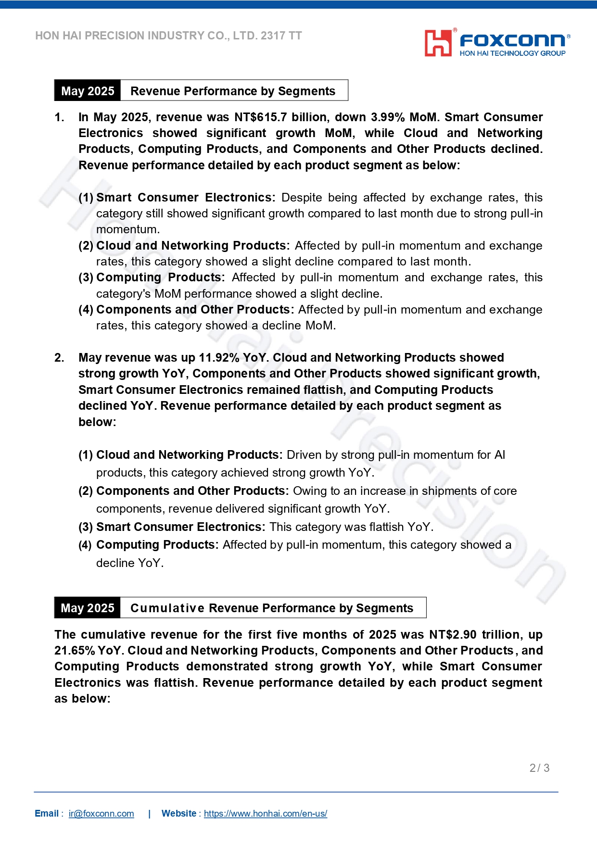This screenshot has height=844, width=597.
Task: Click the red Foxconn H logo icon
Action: pos(438,43)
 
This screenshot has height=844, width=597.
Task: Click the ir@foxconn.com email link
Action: pos(101,813)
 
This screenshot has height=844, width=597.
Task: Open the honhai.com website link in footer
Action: pos(265,813)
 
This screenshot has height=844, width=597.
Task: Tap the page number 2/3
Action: pos(539,768)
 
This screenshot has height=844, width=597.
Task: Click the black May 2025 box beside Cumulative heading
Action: pos(88,608)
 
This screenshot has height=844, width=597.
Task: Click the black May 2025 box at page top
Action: pos(88,91)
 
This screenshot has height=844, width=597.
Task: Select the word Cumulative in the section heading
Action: pos(167,608)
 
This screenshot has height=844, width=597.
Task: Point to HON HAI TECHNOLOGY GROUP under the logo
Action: pos(512,53)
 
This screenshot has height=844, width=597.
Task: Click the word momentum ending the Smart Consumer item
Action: pos(127,229)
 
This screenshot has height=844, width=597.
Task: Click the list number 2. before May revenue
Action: pos(59,358)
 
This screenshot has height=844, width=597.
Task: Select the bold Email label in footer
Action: pos(47,813)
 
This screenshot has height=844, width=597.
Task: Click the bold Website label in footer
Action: pos(178,813)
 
